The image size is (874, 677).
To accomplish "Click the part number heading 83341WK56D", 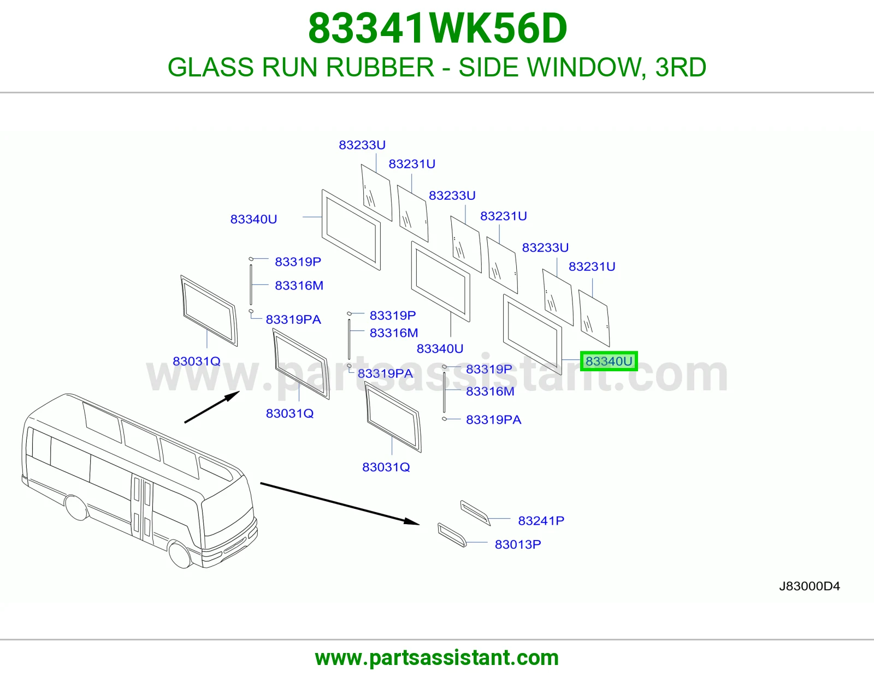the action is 437,28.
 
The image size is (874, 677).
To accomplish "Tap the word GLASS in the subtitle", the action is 211,67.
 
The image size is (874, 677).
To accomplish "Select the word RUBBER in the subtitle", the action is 380,67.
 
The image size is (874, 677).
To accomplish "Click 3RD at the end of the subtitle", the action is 681,67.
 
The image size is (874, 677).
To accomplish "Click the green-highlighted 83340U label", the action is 609,361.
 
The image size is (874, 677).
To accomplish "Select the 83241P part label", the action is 541,521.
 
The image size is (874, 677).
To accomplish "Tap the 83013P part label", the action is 518,544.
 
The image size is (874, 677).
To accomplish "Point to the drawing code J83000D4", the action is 809,586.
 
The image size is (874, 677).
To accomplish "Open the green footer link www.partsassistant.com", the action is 437,658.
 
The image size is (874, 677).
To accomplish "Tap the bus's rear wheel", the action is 77,508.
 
